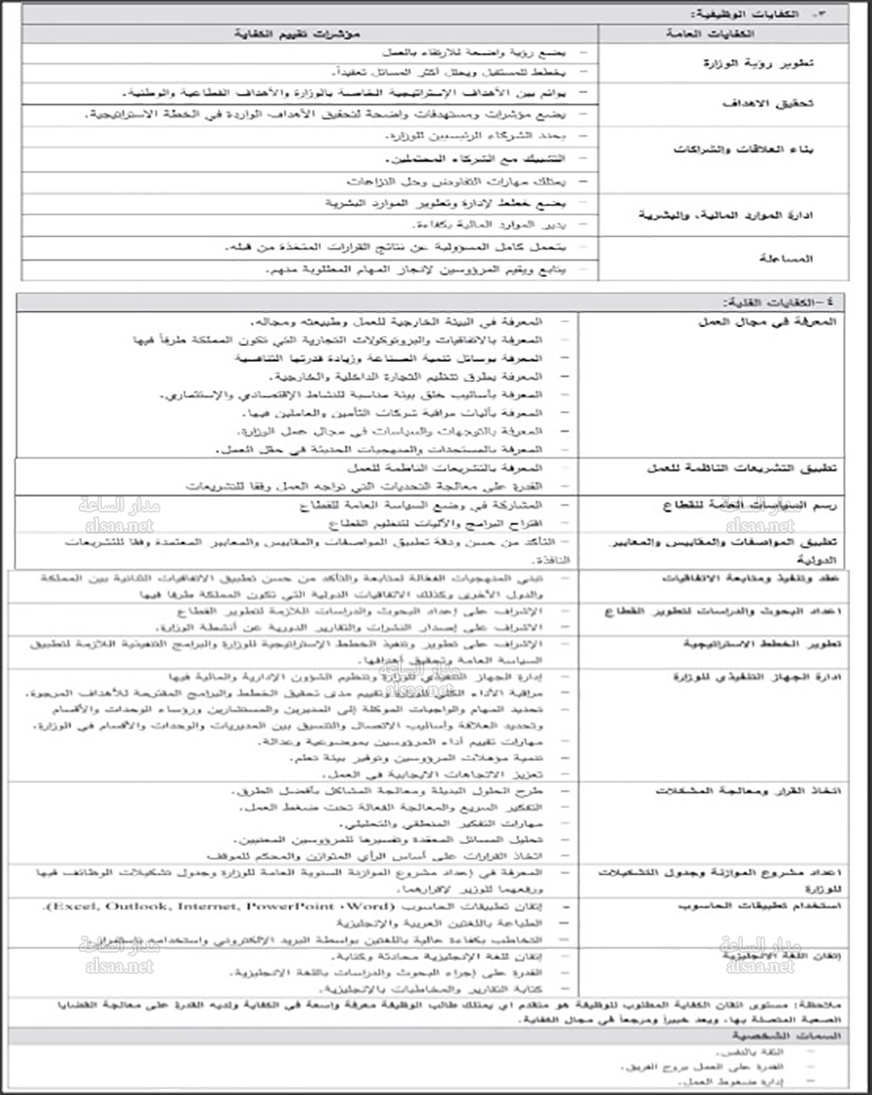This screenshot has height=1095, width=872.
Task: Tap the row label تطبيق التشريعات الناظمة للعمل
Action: click(742, 468)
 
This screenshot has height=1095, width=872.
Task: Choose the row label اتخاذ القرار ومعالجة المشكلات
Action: click(746, 791)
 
